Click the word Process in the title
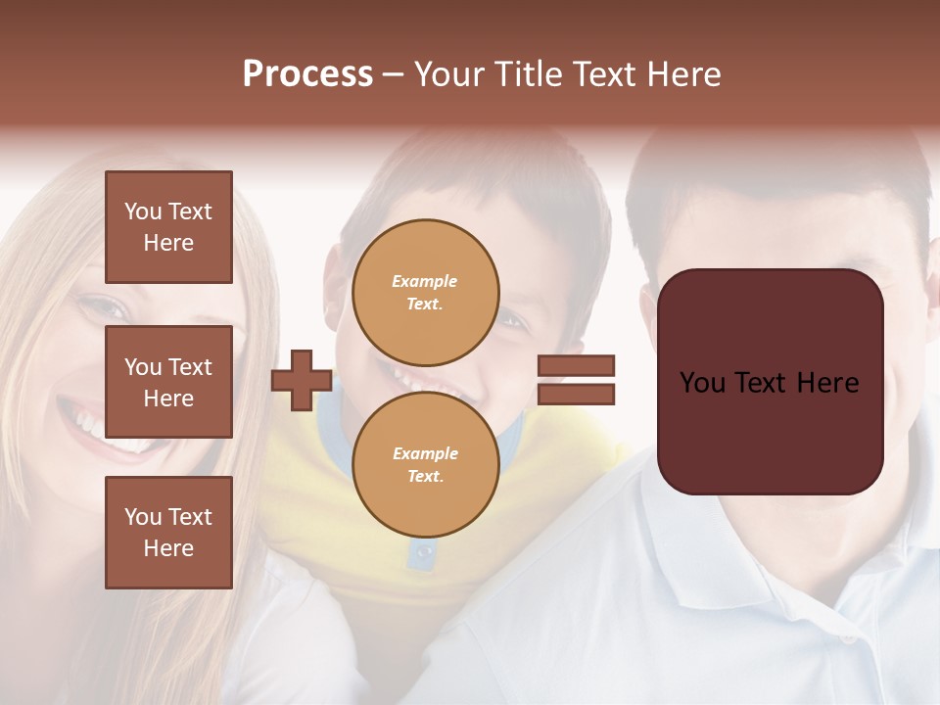pos(307,74)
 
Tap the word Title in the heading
pos(526,74)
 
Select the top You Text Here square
pos(168,227)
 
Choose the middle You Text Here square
pos(168,382)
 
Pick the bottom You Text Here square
pos(168,533)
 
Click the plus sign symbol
pos(302,381)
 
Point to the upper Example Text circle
pos(425,292)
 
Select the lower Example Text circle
pos(425,465)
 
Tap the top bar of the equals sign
pos(576,366)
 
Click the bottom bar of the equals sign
pos(576,394)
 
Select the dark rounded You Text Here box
pos(770,382)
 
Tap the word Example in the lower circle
pos(425,453)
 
